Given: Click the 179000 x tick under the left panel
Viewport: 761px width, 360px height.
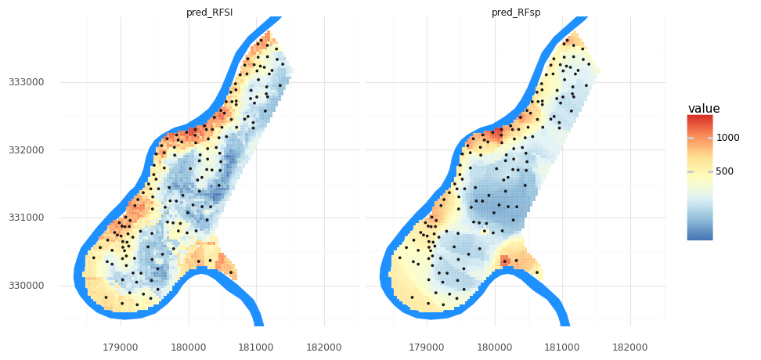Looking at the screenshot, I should coord(121,345).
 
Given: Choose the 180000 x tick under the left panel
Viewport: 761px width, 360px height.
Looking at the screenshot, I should coord(189,345).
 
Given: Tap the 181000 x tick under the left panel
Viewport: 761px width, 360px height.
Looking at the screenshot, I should coord(256,345).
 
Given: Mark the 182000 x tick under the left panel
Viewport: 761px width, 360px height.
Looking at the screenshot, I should coord(324,345).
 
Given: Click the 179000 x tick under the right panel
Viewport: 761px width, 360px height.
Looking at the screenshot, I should coord(427,345).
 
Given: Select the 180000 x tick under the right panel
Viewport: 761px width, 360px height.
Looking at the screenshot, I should coord(495,345).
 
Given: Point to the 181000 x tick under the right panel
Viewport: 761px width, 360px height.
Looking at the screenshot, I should coord(562,345).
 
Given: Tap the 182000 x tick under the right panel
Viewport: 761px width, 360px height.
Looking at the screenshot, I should coord(630,345).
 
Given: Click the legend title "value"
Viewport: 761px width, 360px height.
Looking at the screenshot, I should coord(704,108).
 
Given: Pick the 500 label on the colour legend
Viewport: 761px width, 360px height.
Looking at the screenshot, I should coord(726,171).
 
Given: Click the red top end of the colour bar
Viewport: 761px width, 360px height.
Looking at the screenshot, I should coord(699,118).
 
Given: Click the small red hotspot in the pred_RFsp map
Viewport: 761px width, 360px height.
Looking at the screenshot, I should coord(506,261).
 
